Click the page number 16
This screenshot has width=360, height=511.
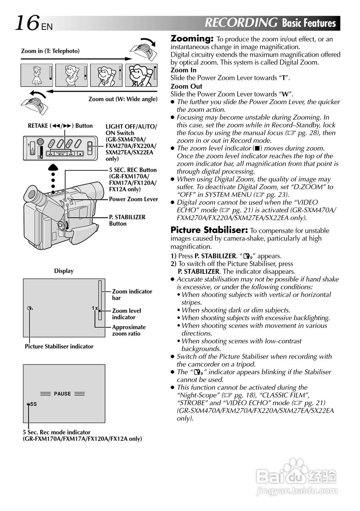27,23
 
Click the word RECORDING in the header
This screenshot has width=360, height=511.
241,23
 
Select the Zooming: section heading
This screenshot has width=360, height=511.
192,39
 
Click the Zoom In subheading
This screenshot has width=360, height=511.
183,70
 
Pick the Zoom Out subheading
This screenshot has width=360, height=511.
186,86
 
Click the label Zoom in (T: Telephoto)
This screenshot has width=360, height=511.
50,51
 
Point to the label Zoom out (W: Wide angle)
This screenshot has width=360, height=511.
123,99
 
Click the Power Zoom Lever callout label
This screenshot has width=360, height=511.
133,199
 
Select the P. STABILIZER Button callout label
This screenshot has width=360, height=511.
127,220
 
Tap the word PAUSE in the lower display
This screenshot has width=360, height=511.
62,394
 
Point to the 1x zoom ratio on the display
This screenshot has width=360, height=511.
94,308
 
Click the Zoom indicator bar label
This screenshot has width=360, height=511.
132,295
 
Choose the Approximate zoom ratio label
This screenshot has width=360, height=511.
129,330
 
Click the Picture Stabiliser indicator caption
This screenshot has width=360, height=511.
59,347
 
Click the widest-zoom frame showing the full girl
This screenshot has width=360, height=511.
37,75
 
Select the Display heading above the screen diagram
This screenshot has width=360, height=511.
64,271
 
